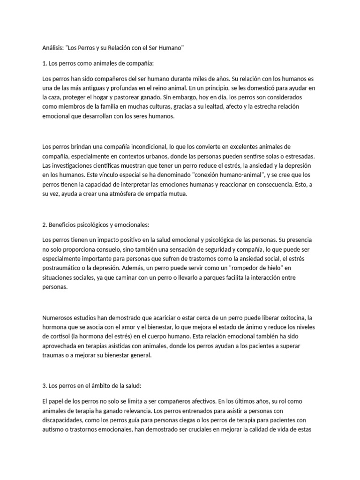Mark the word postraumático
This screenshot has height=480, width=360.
point(61,269)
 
